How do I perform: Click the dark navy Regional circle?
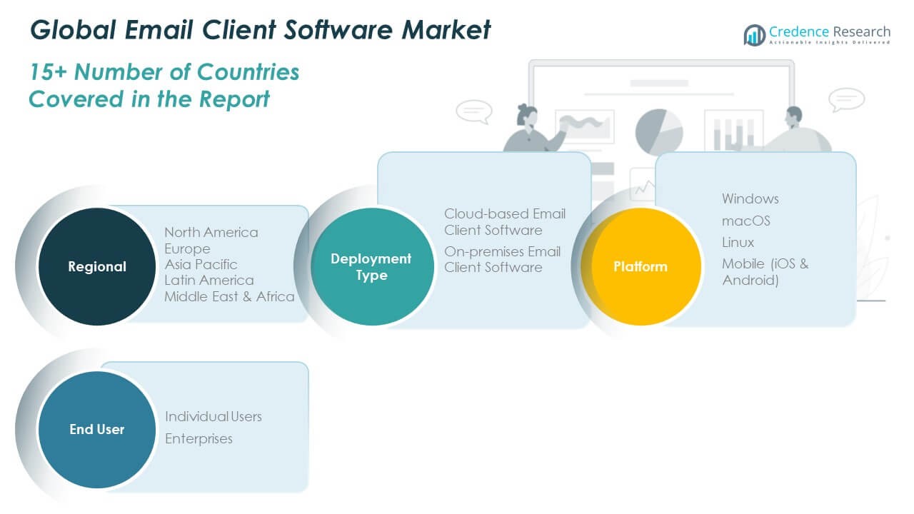pyautogui.click(x=96, y=267)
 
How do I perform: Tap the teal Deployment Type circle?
pyautogui.click(x=371, y=267)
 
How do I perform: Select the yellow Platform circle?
pyautogui.click(x=641, y=267)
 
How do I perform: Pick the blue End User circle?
pyautogui.click(x=96, y=429)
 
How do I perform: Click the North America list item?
pyautogui.click(x=211, y=232)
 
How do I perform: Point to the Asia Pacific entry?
pyautogui.click(x=201, y=264)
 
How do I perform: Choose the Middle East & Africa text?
pyautogui.click(x=229, y=296)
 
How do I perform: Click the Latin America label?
pyautogui.click(x=209, y=280)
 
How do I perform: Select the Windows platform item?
pyautogui.click(x=750, y=198)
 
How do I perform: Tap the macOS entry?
pyautogui.click(x=745, y=221)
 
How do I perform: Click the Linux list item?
pyautogui.click(x=738, y=242)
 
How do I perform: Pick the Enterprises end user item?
pyautogui.click(x=199, y=438)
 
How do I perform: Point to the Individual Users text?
pyautogui.click(x=213, y=416)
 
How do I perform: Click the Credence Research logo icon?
pyautogui.click(x=754, y=34)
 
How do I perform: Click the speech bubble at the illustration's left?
pyautogui.click(x=473, y=111)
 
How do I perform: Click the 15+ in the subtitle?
pyautogui.click(x=49, y=72)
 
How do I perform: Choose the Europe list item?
pyautogui.click(x=187, y=248)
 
